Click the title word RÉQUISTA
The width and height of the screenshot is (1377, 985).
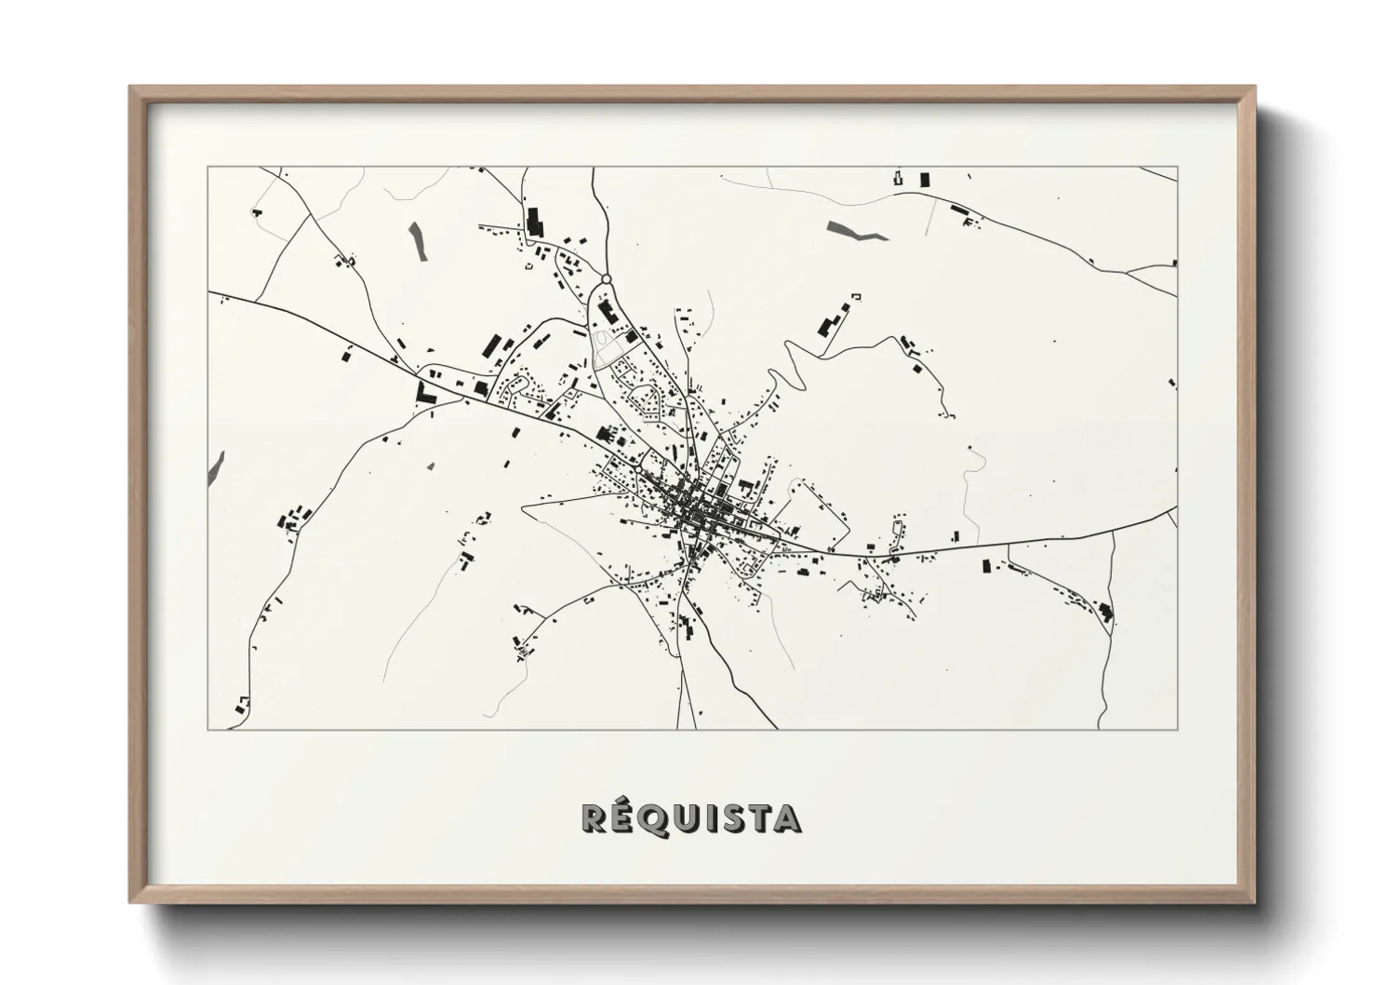click(690, 818)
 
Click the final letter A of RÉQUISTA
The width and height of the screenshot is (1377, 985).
click(788, 819)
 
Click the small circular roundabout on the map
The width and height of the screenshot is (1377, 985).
click(606, 278)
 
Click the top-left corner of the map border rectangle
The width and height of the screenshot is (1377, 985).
click(207, 168)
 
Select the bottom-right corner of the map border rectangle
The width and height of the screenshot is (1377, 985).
click(1177, 729)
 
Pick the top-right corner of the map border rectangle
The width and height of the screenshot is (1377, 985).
click(1177, 168)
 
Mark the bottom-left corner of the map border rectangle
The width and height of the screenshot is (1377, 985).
click(207, 729)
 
